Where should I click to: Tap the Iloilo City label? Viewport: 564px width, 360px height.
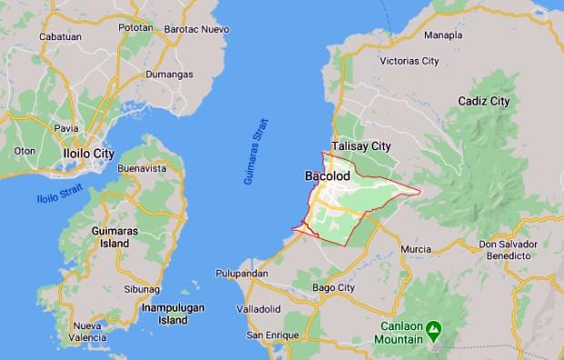click(88, 154)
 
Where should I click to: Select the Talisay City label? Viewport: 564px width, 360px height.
click(361, 145)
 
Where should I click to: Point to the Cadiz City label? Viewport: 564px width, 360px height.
click(484, 101)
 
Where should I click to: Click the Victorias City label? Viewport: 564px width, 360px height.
click(401, 61)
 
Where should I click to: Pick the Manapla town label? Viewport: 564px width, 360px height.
click(443, 35)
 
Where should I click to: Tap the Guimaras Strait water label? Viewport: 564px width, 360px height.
click(257, 152)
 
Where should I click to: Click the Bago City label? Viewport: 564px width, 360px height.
click(333, 288)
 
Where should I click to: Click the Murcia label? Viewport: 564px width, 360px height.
click(416, 249)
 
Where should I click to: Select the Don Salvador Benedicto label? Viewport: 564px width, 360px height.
click(504, 251)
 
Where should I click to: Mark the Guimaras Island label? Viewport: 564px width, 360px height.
click(116, 237)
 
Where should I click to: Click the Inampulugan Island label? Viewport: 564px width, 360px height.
click(172, 314)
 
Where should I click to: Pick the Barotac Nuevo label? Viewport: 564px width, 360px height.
click(196, 29)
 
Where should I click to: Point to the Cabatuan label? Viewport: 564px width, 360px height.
click(60, 36)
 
